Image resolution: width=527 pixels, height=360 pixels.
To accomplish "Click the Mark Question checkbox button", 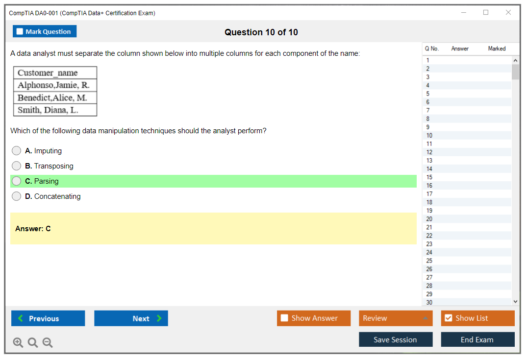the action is point(44,31).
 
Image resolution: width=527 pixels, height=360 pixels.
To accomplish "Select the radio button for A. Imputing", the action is point(17,150).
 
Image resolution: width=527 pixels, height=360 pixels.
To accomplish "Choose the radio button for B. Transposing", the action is point(17,166).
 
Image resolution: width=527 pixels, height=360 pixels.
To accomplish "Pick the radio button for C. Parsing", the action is point(17,181).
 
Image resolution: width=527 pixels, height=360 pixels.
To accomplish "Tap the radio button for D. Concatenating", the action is point(17,196).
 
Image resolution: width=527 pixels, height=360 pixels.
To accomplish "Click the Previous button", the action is point(48,318).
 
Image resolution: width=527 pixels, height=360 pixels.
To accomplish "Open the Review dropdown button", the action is point(396,318).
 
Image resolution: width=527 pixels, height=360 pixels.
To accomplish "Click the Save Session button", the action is point(396,339).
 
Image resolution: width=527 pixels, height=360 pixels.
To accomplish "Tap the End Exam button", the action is point(477,339).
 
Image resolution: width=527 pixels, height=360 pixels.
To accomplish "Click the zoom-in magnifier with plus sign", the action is point(18,342).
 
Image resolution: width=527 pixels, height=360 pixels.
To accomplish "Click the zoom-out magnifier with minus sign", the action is point(48,342).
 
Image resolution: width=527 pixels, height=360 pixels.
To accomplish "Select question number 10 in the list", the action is point(429,135).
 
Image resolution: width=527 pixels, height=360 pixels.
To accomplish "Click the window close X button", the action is point(508,12).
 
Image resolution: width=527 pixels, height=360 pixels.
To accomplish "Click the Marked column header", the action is point(497,48).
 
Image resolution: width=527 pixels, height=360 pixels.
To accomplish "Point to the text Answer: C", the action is point(33,229).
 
